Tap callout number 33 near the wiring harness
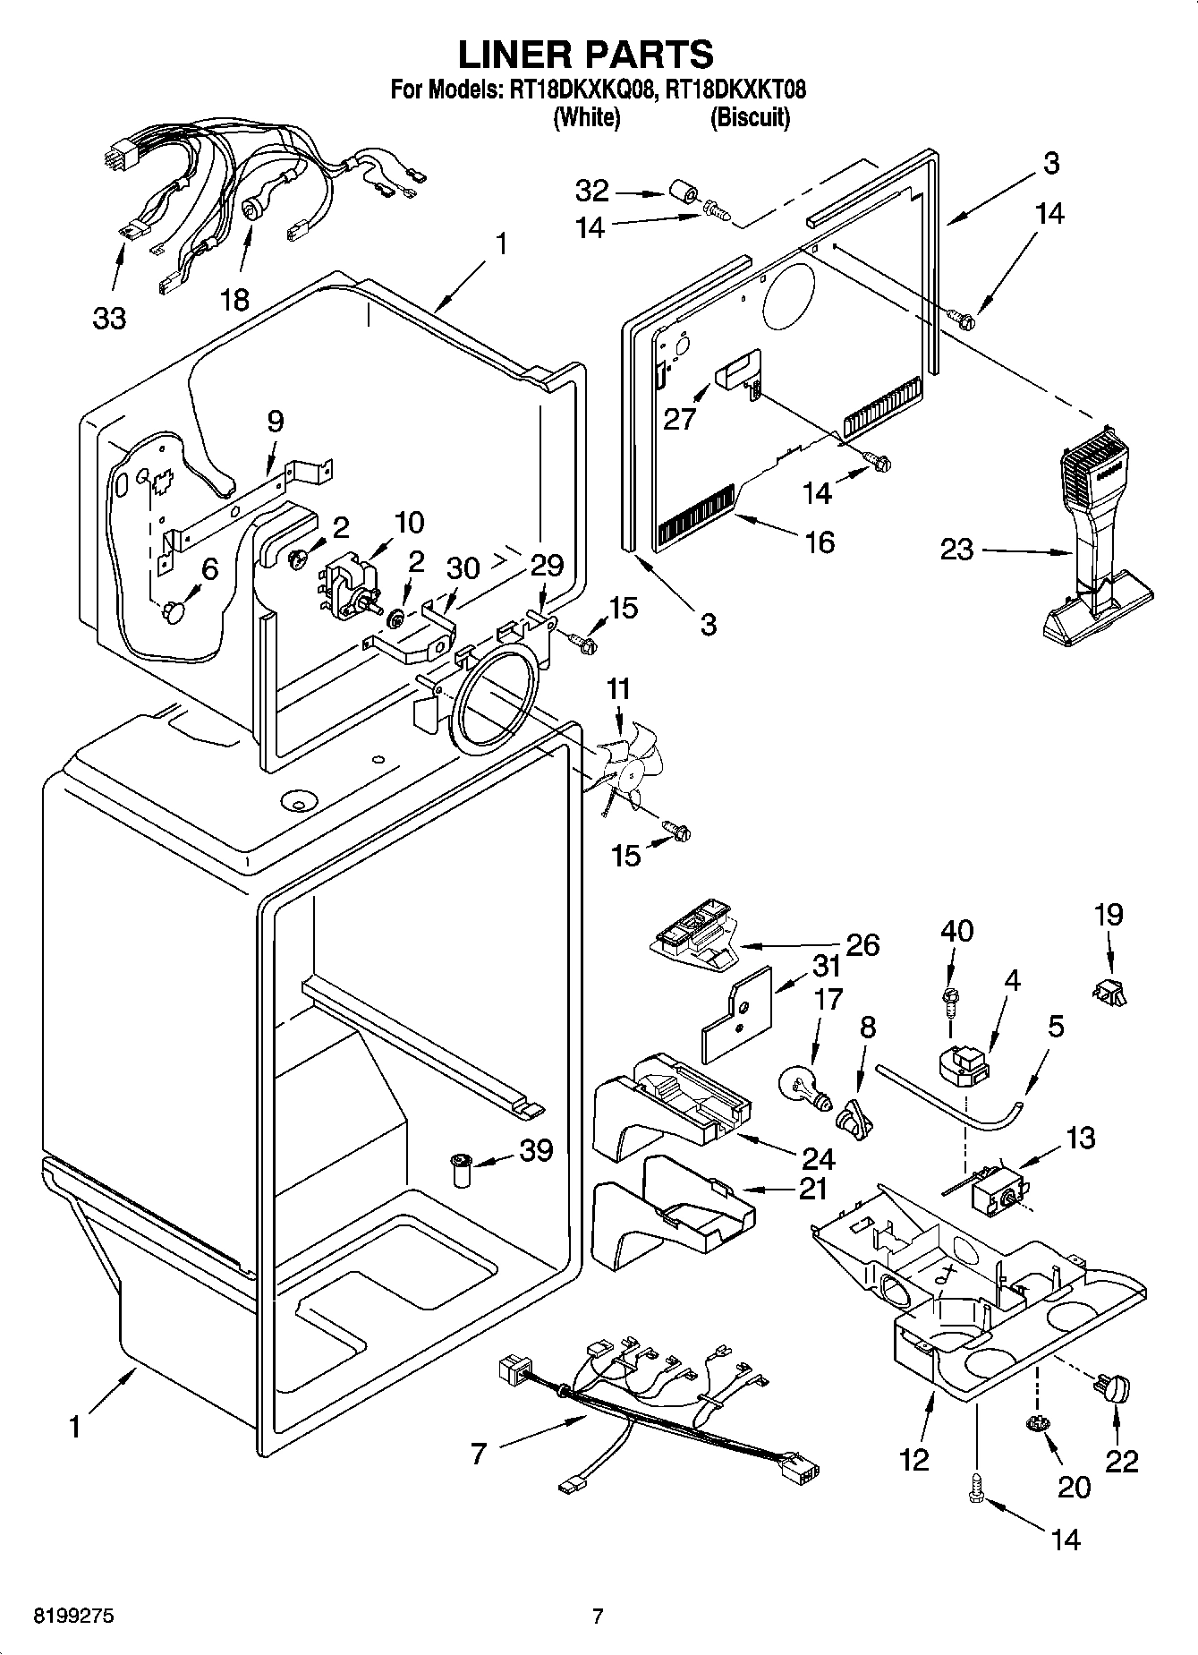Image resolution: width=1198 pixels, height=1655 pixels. coord(109,318)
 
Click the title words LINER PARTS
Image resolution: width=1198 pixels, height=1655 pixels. coord(586,55)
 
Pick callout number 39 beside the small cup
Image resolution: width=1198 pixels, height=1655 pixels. coord(536,1150)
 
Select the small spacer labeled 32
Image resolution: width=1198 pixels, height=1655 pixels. coord(683,191)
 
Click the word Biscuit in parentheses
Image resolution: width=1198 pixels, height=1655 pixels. coord(750,117)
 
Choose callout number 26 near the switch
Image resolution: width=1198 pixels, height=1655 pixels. coord(862,945)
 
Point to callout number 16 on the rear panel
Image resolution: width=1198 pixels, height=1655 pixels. coord(820,542)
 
